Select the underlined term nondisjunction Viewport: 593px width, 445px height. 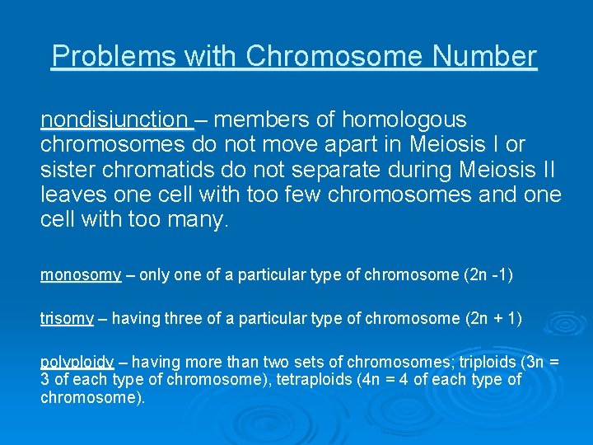[x=115, y=120]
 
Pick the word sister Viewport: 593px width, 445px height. [x=65, y=170]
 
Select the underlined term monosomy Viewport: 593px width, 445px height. [x=81, y=275]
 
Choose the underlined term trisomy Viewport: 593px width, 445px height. [x=67, y=319]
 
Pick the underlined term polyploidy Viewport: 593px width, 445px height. [x=77, y=362]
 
